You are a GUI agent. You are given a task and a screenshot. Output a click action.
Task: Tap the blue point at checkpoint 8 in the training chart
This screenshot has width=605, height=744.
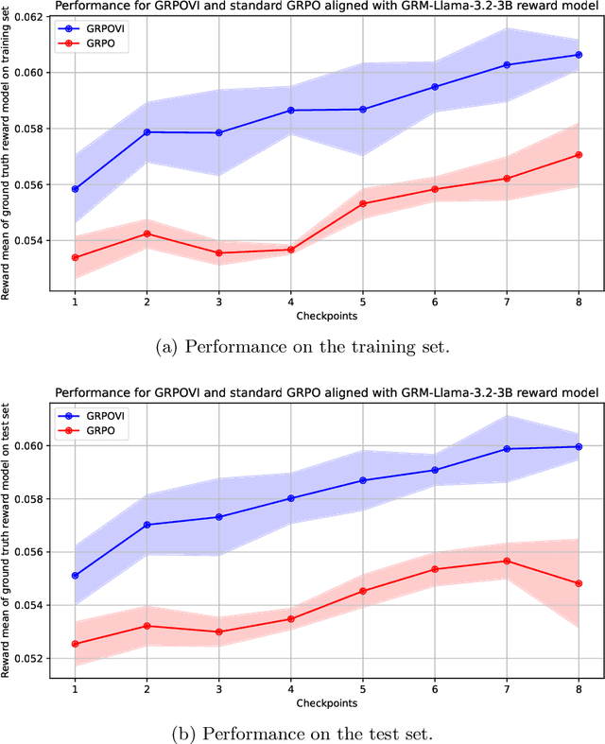coord(579,55)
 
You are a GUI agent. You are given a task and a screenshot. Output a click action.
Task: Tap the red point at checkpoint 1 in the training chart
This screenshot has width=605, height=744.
coord(75,257)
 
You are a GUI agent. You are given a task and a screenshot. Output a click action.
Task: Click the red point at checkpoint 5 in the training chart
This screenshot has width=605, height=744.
coord(362,203)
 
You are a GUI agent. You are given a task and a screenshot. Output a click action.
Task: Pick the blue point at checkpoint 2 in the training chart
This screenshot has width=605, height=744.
coord(147,132)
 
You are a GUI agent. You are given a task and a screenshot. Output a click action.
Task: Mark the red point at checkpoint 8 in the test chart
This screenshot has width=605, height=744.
coord(579,583)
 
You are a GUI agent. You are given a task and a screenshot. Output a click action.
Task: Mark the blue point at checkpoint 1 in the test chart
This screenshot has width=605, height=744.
coord(75,575)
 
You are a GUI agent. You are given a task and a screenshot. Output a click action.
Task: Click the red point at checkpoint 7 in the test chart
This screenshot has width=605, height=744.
coord(507,561)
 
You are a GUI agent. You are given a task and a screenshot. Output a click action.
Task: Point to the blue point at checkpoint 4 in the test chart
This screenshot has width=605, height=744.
coord(290,498)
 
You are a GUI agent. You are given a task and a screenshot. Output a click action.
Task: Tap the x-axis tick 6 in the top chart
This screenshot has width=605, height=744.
coord(434,301)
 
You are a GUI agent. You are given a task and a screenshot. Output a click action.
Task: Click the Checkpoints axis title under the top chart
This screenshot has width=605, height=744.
coord(326,314)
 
